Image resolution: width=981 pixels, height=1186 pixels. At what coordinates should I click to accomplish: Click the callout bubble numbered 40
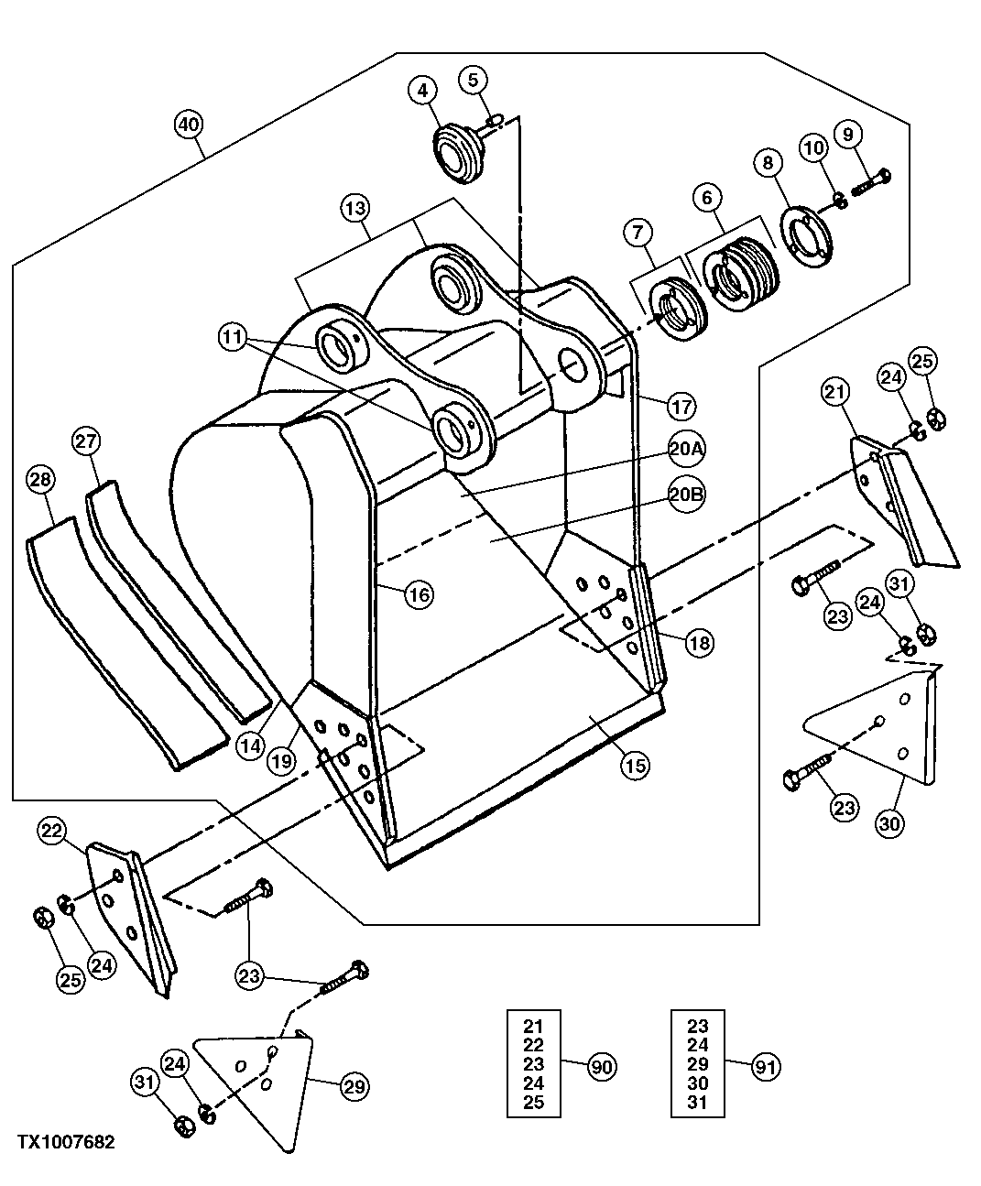point(189,125)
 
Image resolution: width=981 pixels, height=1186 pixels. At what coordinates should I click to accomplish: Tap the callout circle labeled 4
point(422,90)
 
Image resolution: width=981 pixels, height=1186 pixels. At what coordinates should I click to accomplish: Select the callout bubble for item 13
point(356,208)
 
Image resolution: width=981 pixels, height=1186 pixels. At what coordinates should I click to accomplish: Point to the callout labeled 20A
point(686,449)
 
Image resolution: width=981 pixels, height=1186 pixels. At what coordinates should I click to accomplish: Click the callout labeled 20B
point(686,494)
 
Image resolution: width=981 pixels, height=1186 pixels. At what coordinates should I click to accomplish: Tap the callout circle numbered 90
point(602,1066)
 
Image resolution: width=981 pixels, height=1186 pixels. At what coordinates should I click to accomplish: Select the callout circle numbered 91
point(766,1066)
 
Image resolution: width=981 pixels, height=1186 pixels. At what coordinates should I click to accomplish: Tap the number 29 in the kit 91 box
point(698,1064)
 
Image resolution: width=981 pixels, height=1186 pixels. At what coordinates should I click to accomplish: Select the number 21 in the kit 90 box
point(533,1026)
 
